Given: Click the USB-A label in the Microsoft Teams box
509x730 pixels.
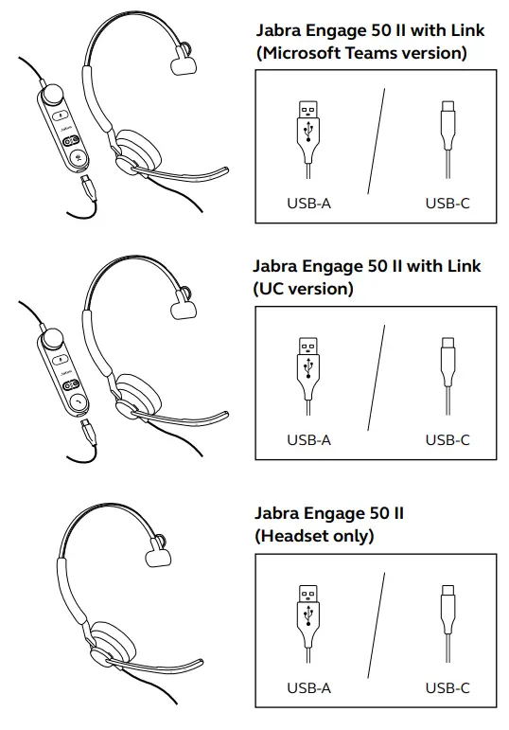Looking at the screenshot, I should (308, 203).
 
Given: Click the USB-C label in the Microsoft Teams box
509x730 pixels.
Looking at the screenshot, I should (447, 203).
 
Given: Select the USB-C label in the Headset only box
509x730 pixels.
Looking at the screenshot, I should (447, 688).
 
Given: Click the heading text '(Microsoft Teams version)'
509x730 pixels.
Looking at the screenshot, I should (362, 53).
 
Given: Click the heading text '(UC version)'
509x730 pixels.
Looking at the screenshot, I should (305, 289).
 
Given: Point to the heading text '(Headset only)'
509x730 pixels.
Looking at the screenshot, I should (314, 536).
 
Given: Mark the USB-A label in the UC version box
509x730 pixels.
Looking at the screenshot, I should (308, 439).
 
